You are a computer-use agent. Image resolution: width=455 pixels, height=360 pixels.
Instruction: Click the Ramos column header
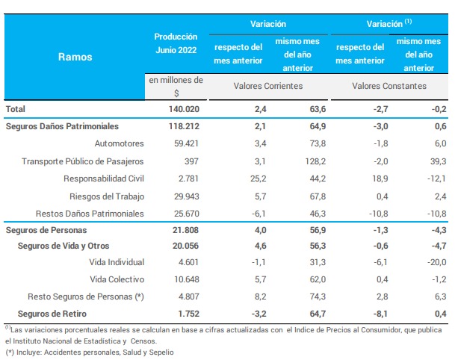point(75,56)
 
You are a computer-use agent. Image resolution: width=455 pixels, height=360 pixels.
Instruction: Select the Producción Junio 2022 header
point(176,43)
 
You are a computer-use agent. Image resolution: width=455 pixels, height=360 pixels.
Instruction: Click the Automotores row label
point(119,143)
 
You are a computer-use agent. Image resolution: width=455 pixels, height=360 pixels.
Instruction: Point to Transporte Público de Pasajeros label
point(83,161)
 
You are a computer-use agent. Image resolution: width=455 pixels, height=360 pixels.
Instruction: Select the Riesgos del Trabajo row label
point(105,196)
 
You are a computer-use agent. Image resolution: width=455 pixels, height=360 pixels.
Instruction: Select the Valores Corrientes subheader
point(268,86)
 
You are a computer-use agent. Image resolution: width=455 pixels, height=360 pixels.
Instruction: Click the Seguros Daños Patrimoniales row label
point(62,127)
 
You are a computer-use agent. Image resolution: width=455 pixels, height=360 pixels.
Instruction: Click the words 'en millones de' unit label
point(176,79)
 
